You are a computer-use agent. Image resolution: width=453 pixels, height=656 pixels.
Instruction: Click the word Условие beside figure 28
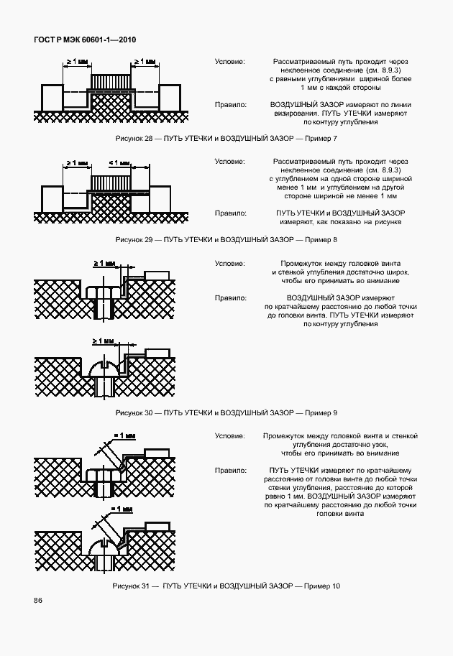230,62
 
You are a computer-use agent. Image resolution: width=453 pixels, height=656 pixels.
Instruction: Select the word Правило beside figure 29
231,213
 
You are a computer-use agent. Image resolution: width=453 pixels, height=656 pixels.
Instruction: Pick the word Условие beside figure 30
230,263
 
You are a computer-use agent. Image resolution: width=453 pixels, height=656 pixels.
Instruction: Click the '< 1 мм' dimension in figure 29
118,163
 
